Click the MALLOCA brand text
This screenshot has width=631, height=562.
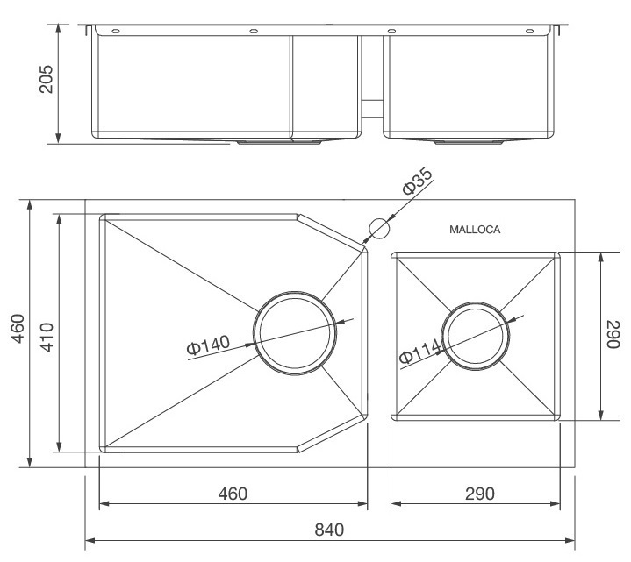click(x=474, y=231)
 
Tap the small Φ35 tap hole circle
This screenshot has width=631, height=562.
click(x=378, y=228)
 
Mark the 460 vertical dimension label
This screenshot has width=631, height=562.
click(x=18, y=334)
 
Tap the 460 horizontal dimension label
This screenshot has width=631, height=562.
click(x=232, y=493)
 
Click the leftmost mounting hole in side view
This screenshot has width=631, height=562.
click(x=115, y=32)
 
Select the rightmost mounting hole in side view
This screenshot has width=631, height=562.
click(x=529, y=32)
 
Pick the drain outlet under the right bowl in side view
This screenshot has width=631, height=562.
click(x=470, y=139)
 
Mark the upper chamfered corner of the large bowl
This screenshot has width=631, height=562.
click(x=333, y=230)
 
